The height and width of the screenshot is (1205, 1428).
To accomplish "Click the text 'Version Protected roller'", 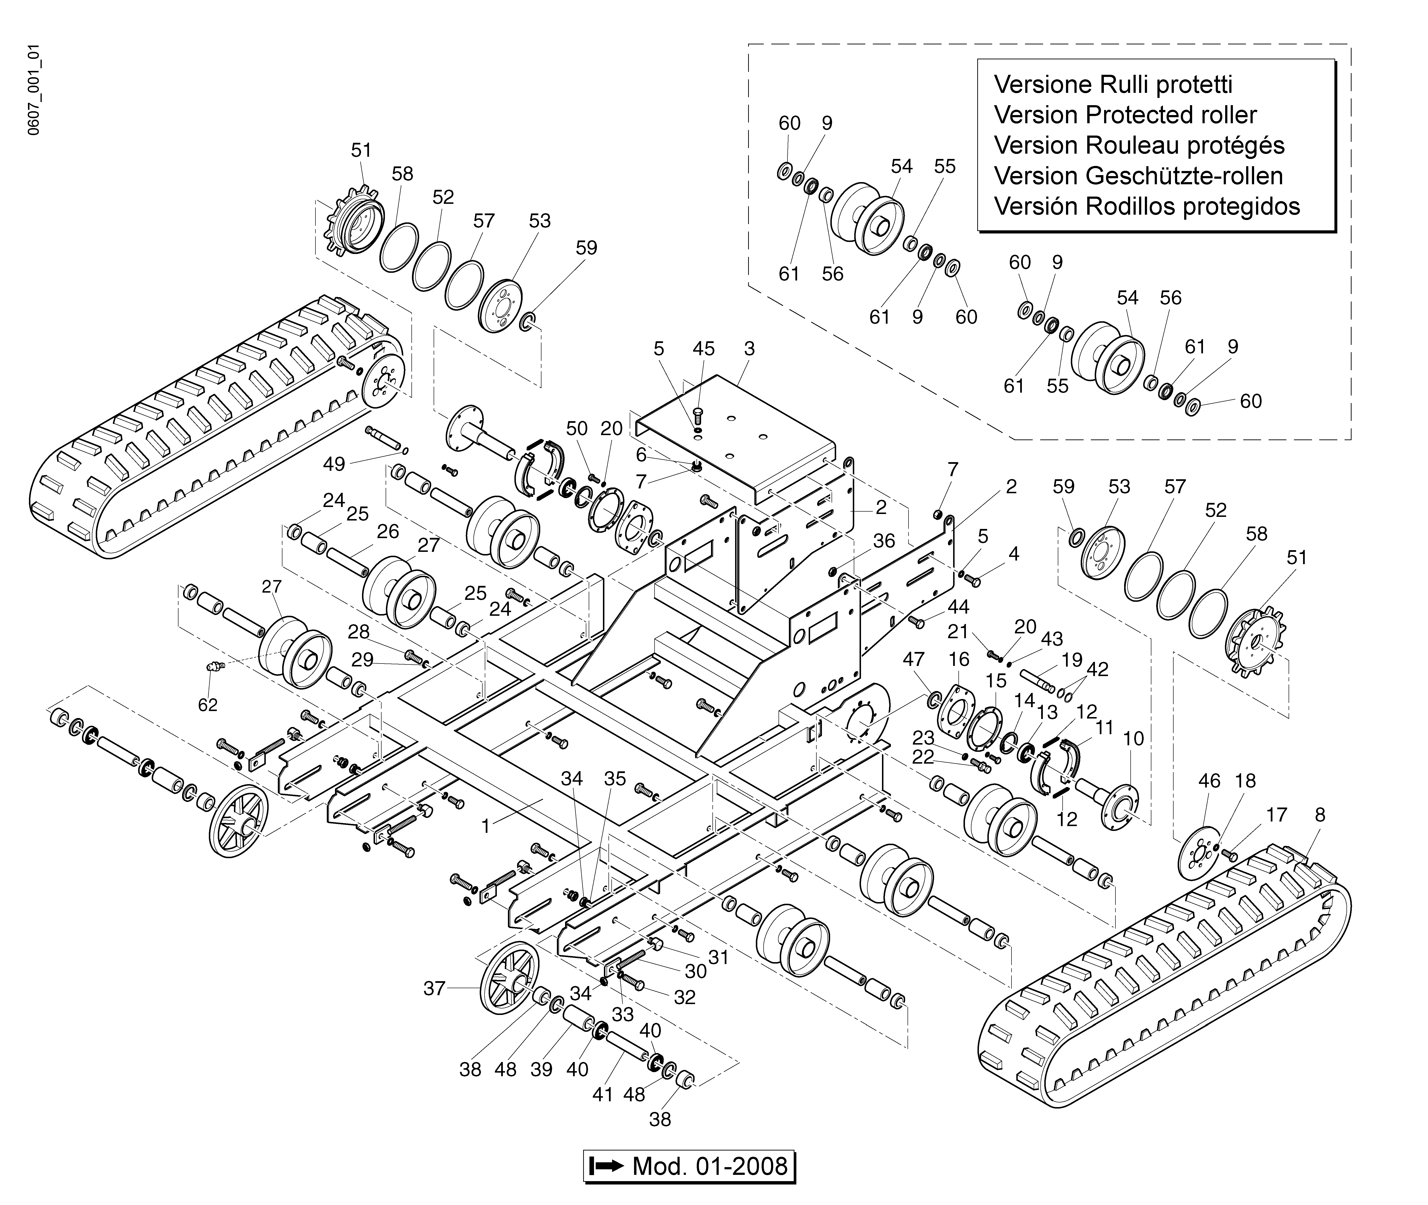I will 1125,115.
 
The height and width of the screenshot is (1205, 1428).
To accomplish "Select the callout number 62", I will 208,704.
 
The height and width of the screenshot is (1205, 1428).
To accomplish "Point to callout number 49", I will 334,464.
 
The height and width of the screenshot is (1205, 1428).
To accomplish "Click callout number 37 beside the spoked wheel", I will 434,988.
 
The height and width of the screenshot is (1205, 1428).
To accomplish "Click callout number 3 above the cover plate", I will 749,348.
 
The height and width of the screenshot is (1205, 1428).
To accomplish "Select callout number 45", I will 704,348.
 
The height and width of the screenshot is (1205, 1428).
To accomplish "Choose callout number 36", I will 884,541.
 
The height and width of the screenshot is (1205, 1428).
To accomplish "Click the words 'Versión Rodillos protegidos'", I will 1147,205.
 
